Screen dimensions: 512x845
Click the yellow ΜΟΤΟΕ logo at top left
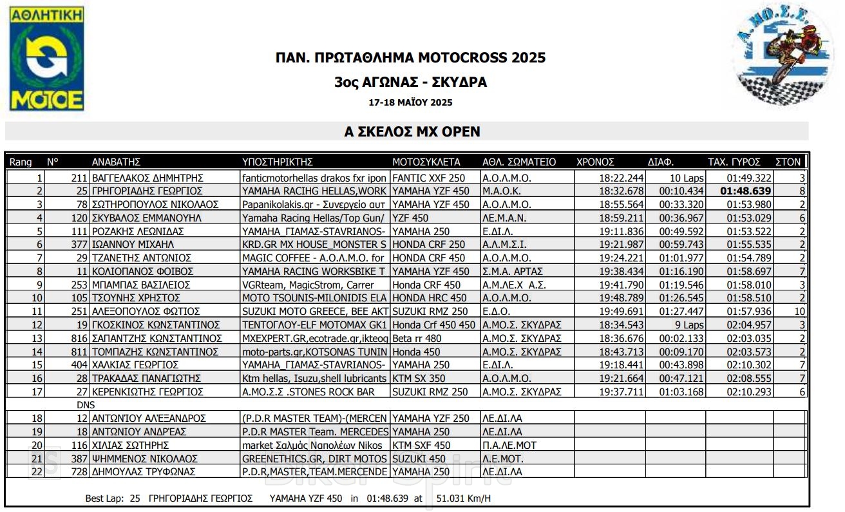click(x=46, y=59)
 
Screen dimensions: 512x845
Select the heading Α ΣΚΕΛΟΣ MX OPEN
click(x=412, y=131)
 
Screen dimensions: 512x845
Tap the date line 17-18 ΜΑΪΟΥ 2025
click(x=410, y=102)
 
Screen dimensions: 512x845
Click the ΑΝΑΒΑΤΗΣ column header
click(x=116, y=162)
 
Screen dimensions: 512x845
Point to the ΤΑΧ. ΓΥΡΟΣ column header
click(x=734, y=162)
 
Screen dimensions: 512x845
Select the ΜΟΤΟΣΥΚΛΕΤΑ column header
click(x=426, y=162)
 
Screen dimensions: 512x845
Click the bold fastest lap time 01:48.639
click(x=745, y=191)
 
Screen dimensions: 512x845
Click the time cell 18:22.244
click(x=621, y=178)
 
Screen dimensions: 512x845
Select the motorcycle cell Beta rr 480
click(x=416, y=338)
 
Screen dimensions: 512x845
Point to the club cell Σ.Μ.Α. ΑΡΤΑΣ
click(x=513, y=271)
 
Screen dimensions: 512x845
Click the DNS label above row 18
click(x=85, y=404)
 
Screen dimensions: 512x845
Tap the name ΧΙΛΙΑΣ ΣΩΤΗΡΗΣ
click(x=130, y=445)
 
